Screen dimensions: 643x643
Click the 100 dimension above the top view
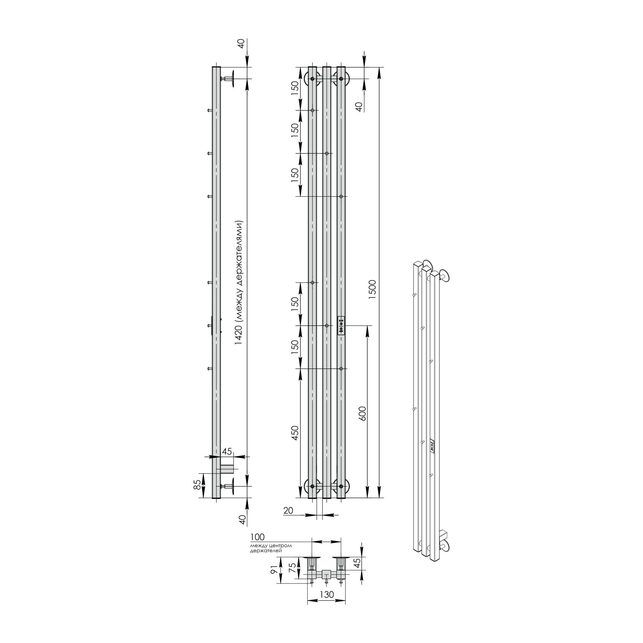pyautogui.click(x=258, y=537)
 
